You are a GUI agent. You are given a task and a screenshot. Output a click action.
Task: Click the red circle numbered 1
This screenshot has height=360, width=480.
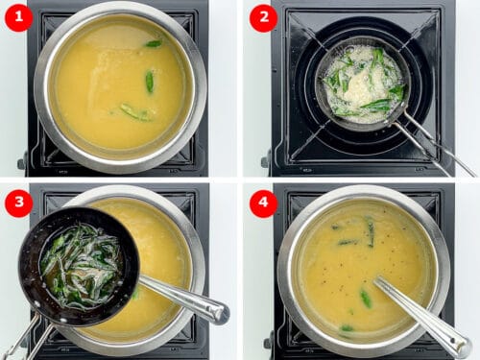click(18, 17)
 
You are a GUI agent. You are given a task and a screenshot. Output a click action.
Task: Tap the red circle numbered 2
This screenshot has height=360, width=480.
click(263, 17)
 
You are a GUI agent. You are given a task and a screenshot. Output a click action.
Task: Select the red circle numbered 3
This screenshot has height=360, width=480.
click(18, 203)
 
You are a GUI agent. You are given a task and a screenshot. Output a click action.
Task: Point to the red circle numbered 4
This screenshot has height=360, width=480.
click(263, 203)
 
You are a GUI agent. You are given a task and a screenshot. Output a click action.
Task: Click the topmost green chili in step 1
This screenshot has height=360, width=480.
click(154, 43)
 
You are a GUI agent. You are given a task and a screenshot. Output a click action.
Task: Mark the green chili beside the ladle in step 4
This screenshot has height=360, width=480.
click(366, 299)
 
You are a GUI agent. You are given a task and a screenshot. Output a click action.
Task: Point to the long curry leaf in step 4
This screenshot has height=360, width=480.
click(370, 230)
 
